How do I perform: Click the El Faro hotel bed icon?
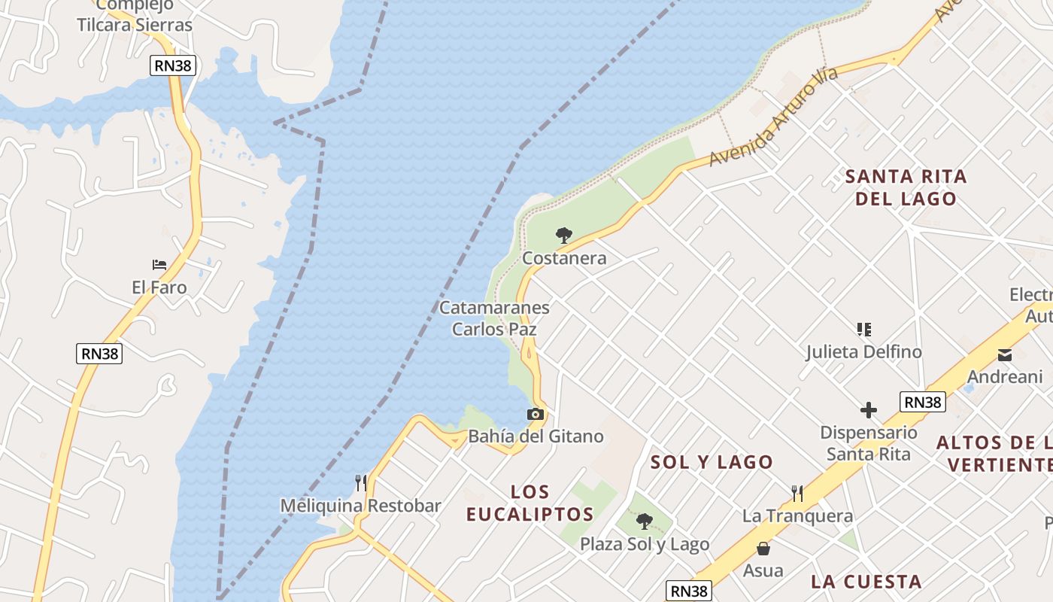tap(159, 265)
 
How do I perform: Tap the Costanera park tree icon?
tap(563, 236)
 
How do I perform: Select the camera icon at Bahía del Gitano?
tap(535, 415)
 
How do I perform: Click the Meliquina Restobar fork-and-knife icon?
tap(361, 482)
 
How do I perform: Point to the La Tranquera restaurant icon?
tap(797, 494)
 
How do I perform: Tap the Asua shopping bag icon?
tap(763, 549)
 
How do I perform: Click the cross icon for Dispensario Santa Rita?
tap(869, 410)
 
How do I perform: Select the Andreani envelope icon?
tap(1005, 355)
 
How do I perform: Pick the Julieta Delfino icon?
tap(863, 330)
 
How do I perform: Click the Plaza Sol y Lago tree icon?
tap(644, 521)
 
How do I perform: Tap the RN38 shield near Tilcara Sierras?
tap(173, 65)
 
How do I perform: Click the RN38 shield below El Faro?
tap(99, 353)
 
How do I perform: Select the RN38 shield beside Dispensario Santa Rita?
tap(922, 402)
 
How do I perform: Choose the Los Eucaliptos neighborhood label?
tap(530, 503)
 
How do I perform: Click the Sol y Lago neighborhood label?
tap(712, 462)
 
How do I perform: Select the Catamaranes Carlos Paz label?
tap(494, 318)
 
